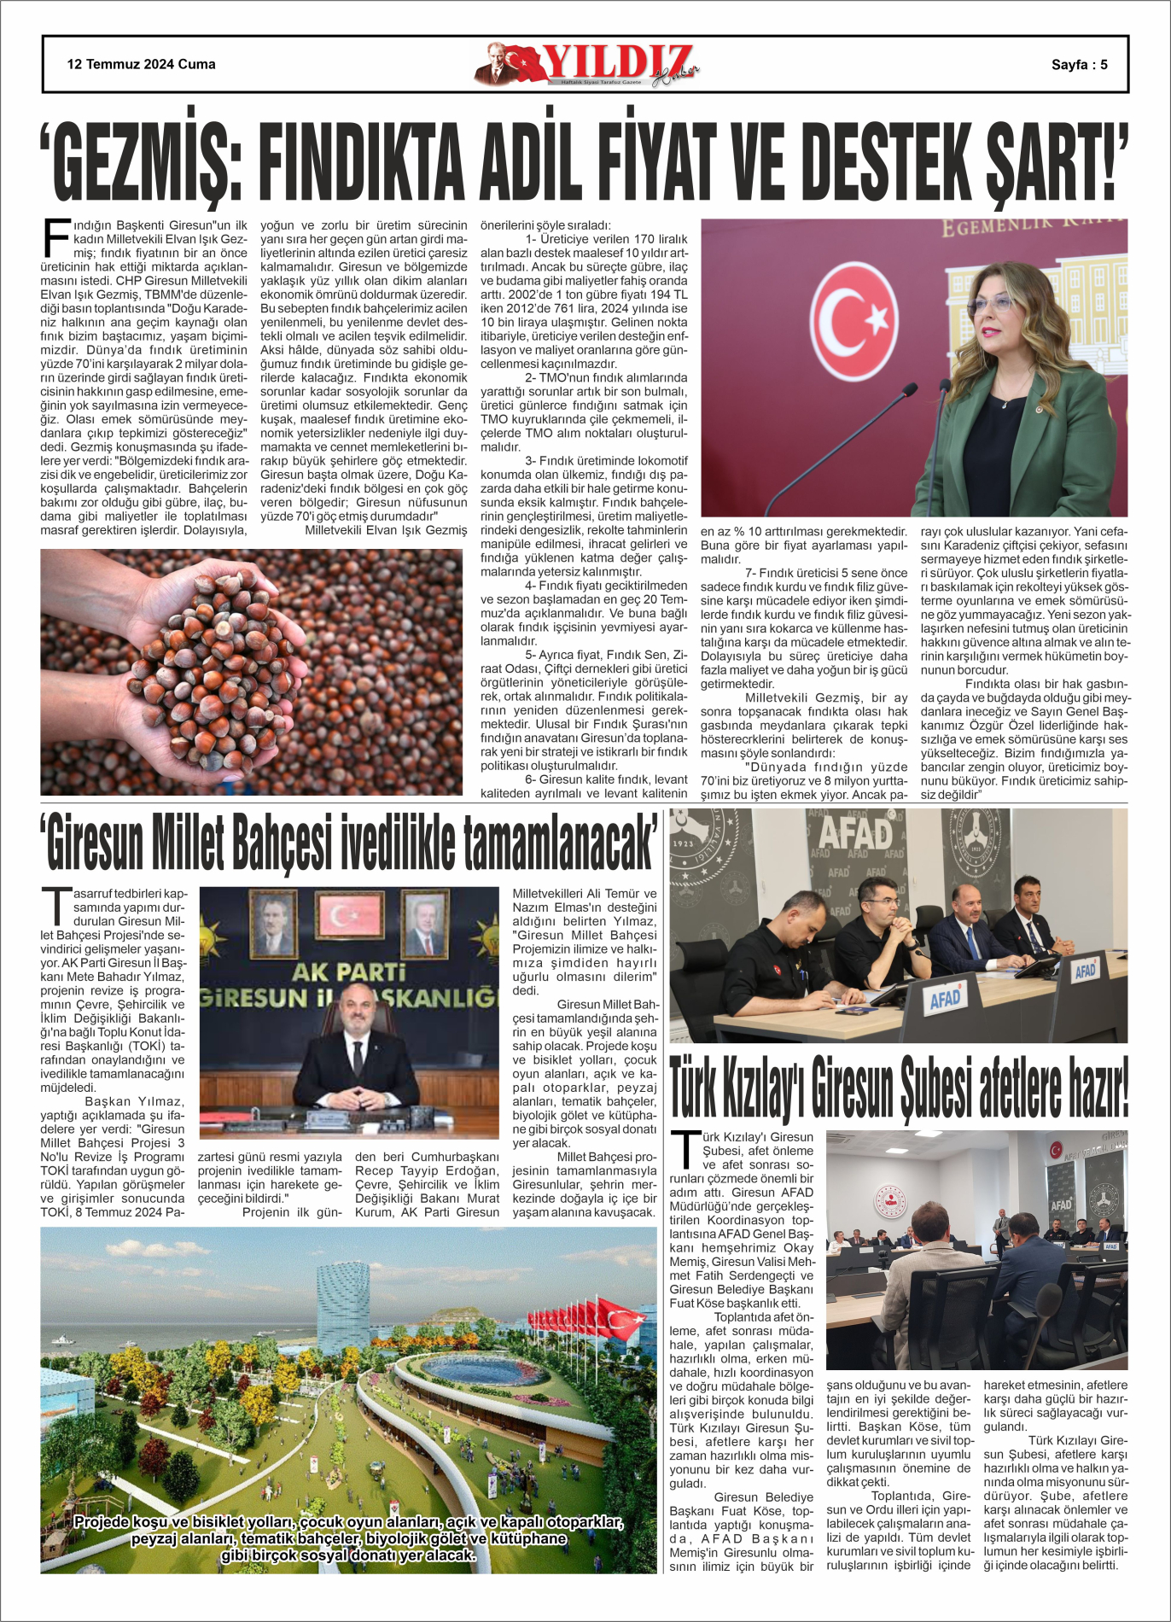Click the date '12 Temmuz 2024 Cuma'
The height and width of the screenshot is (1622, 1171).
(141, 64)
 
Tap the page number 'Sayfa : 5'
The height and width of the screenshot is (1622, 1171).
(1079, 64)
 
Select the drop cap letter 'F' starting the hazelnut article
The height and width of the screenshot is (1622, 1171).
(55, 237)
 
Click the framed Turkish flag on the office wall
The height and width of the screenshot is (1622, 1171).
(349, 917)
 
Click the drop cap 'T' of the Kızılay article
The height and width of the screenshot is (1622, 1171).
(685, 1149)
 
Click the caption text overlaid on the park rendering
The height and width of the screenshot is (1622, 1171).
(348, 1538)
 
